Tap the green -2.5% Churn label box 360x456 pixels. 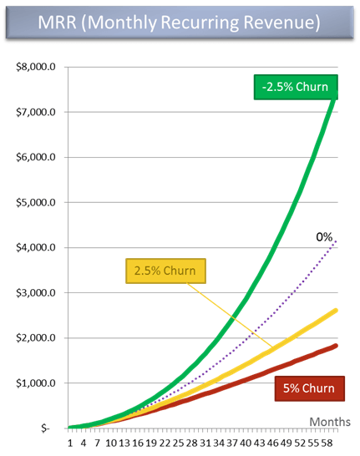295,86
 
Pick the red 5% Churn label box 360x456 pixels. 307,388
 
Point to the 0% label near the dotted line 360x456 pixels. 324,238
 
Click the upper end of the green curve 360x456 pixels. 336,97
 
